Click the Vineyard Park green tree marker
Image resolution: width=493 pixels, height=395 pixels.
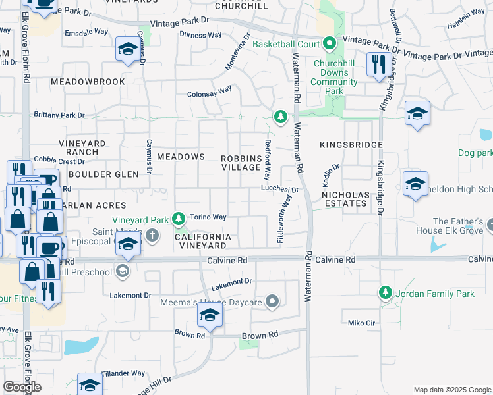point(178,218)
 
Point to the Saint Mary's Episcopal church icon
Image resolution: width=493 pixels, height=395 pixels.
point(152,235)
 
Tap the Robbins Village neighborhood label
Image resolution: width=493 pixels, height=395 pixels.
point(241,162)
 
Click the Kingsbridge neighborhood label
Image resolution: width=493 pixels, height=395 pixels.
point(351,144)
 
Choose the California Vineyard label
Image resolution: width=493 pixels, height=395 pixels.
point(203,240)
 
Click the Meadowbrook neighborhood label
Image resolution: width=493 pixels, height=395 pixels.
point(88,82)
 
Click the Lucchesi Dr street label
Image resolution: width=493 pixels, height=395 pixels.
point(279,189)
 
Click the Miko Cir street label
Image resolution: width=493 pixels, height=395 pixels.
point(361,323)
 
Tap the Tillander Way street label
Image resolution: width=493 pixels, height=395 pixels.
point(123,373)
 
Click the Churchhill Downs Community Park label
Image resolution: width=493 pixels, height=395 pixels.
point(335,73)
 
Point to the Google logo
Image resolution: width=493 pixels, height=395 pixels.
point(22,387)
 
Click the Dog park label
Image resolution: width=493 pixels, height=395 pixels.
point(475,153)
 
